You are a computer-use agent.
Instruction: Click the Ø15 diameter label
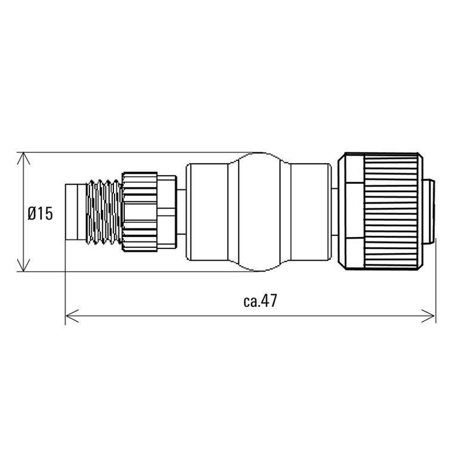pos(41,213)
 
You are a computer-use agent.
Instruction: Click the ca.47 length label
pos(260,300)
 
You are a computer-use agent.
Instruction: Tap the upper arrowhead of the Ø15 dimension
pos(24,159)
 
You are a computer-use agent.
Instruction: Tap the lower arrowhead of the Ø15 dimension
pos(24,265)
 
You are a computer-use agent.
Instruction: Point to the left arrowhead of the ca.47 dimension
pos(72,316)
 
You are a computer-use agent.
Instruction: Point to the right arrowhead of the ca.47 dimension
pos(428,316)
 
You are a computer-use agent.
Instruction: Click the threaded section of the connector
pos(104,212)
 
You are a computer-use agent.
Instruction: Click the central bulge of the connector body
pos(259,212)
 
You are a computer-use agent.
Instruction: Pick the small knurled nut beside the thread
pos(140,212)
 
